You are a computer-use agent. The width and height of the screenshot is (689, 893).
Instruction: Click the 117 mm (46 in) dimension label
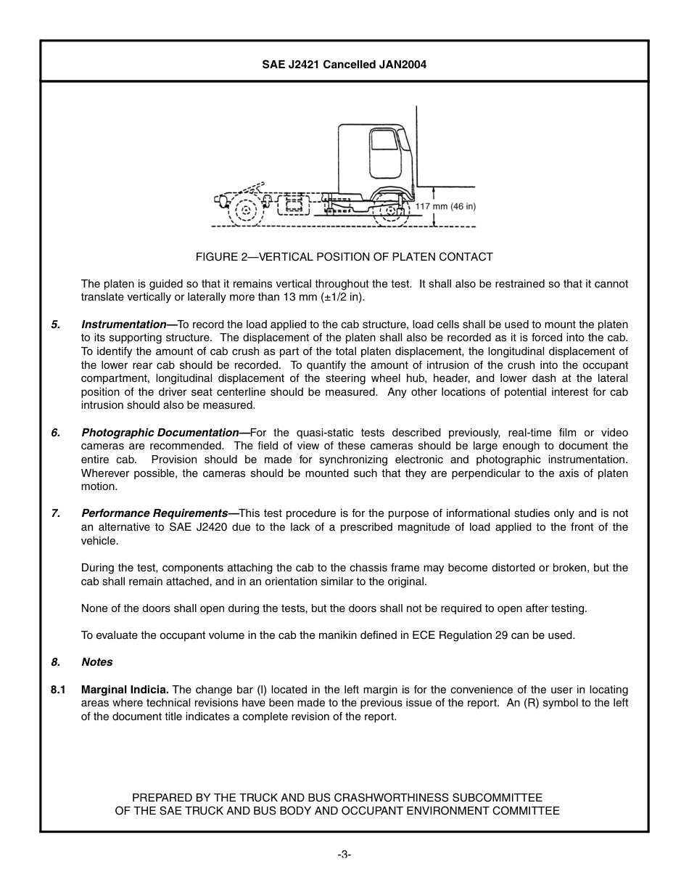click(x=445, y=206)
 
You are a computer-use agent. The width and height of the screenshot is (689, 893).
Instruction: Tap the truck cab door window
click(x=384, y=139)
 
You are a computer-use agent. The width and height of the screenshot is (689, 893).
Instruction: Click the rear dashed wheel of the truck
click(x=247, y=211)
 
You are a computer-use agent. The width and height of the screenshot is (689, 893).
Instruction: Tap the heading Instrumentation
click(x=123, y=325)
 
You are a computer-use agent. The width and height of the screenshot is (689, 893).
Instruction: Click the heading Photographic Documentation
click(x=160, y=433)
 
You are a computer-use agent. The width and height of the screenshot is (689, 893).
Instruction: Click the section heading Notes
click(x=97, y=662)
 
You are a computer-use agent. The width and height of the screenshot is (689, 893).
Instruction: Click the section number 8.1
click(x=59, y=690)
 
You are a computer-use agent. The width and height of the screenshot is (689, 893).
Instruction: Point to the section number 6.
click(x=55, y=433)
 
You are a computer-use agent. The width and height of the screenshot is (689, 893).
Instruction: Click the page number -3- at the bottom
click(x=344, y=855)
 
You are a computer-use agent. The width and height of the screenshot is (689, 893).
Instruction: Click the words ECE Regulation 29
click(x=453, y=635)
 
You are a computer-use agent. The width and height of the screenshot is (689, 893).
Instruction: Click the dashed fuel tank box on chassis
click(x=293, y=205)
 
